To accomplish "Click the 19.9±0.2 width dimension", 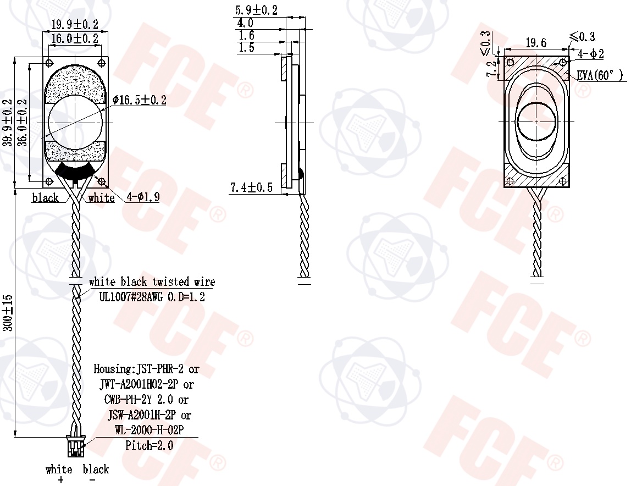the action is [x=75, y=24].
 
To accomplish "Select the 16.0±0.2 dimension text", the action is [x=75, y=38].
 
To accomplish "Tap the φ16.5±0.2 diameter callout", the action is [x=139, y=100].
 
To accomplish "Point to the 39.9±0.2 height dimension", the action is [x=8, y=123].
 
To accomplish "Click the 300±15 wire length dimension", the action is [x=8, y=313].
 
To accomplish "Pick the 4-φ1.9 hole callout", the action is [x=143, y=197].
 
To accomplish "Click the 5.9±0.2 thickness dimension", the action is [x=256, y=10].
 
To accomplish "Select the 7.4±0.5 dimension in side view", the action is [x=251, y=187].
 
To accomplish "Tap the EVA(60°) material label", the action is [x=600, y=75].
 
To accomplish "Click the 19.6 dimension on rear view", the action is [x=536, y=42].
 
